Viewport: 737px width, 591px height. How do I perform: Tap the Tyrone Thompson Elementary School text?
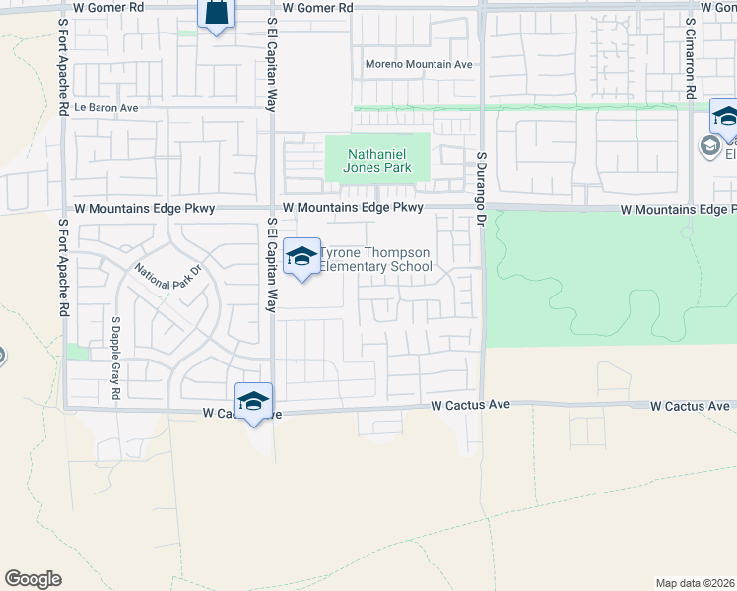[375, 259]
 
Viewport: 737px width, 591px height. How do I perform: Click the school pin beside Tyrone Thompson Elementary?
[301, 258]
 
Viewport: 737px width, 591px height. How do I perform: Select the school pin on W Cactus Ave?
[253, 402]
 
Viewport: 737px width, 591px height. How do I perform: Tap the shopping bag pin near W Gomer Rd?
[216, 14]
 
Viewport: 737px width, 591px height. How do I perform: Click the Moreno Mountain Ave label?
[419, 64]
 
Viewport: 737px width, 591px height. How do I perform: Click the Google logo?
[33, 579]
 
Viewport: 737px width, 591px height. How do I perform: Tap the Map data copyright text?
[695, 582]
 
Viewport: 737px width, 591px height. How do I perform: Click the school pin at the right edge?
[725, 118]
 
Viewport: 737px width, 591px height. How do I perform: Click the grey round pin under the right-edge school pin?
[709, 147]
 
